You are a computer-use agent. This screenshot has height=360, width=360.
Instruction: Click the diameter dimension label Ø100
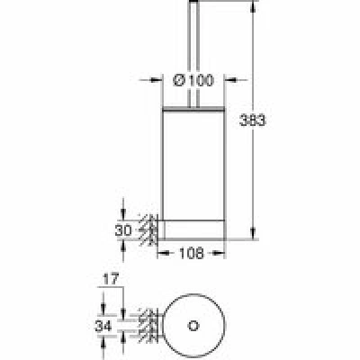click(193, 80)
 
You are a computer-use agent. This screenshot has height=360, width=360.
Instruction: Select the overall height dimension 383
click(253, 121)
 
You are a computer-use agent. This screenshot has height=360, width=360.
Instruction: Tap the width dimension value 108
click(192, 254)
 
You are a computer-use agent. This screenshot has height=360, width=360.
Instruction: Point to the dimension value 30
click(123, 230)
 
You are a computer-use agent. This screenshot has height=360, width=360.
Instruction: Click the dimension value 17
click(111, 279)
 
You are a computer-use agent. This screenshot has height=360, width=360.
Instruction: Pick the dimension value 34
click(103, 326)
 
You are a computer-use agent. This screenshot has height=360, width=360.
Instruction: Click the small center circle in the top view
click(193, 326)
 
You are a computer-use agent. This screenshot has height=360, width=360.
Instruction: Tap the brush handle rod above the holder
click(193, 53)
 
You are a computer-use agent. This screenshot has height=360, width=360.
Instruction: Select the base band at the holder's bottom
click(193, 230)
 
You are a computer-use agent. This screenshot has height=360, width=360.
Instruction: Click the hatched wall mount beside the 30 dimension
click(149, 230)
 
